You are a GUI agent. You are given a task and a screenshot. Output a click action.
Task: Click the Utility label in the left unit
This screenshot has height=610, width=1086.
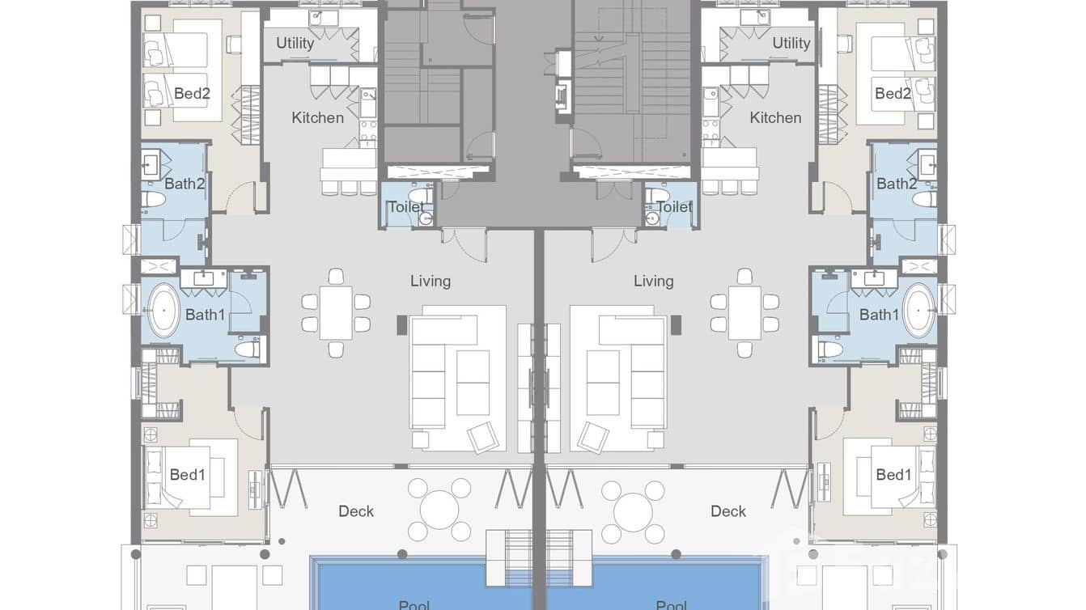click(295, 43)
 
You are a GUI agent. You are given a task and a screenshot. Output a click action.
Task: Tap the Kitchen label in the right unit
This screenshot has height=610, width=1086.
click(775, 117)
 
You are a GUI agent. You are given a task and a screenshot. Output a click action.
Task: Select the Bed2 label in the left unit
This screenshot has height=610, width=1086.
click(192, 94)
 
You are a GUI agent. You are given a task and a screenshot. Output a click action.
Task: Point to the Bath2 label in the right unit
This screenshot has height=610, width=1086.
click(897, 184)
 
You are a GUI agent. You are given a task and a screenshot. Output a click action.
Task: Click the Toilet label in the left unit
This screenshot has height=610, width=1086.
click(405, 207)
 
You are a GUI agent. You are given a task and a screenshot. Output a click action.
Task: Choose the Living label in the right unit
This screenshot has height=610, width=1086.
click(653, 281)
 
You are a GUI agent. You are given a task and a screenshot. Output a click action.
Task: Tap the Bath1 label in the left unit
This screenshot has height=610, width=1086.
click(205, 315)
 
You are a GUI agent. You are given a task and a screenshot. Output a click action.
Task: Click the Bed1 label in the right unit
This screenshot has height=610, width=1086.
click(893, 475)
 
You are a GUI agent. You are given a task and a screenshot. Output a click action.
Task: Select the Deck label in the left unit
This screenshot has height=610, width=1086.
click(356, 511)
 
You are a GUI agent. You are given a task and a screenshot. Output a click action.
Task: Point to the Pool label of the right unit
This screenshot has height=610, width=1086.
click(671, 604)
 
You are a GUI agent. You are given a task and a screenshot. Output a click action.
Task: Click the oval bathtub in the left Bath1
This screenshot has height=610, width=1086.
click(164, 310)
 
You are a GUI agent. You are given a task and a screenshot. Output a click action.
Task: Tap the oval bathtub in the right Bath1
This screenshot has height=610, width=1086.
click(919, 310)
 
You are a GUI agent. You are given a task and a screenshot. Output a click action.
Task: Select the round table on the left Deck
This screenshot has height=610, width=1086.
click(439, 510)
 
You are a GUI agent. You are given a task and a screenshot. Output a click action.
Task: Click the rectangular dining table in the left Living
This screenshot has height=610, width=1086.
click(336, 312)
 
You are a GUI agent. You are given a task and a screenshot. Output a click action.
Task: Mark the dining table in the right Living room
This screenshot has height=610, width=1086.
click(745, 312)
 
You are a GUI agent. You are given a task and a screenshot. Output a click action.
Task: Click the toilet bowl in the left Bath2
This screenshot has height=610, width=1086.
click(153, 199)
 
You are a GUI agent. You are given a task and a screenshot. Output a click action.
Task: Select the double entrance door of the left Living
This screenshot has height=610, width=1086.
click(464, 244)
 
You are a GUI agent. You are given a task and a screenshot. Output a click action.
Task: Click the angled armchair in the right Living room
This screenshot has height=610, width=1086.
click(592, 437)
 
